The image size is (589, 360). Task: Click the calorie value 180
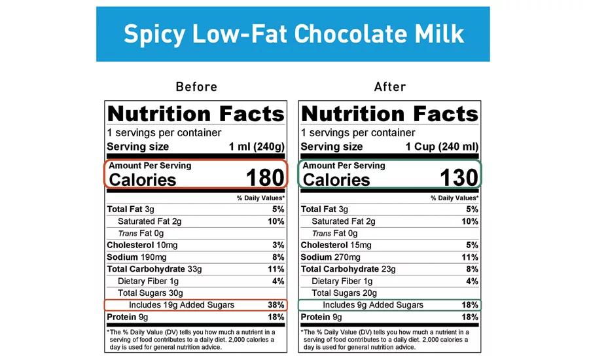(x=265, y=177)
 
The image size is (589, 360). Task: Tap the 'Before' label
(x=196, y=86)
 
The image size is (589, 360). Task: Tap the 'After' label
(x=390, y=86)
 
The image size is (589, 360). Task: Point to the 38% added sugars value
(x=276, y=305)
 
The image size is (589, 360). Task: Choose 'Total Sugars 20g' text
(x=344, y=293)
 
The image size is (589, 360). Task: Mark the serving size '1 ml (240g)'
(x=256, y=147)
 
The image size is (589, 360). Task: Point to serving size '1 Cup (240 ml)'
(x=442, y=147)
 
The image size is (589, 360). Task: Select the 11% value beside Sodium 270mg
(x=470, y=257)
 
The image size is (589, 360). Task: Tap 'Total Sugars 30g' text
(x=151, y=293)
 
